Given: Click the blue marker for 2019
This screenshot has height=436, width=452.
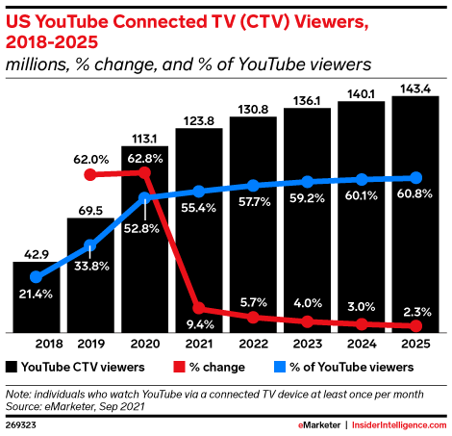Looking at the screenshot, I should coord(89,244).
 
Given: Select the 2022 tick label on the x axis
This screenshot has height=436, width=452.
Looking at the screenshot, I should coord(252,344).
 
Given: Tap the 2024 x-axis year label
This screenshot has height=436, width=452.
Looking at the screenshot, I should coord(362,344).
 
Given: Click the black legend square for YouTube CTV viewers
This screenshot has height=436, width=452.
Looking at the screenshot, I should coord(11,367).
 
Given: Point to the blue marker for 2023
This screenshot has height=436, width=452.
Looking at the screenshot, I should coord(307,181).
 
